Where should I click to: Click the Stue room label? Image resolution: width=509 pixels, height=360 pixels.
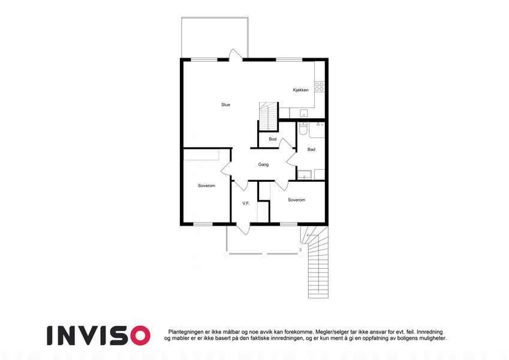[x=225, y=104]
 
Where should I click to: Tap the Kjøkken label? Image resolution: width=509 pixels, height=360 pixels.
[x=300, y=90]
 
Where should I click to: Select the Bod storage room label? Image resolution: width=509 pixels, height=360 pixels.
[x=273, y=139]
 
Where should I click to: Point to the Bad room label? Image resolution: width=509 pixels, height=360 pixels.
[x=311, y=149]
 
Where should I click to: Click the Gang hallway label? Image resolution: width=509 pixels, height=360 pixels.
[x=263, y=165]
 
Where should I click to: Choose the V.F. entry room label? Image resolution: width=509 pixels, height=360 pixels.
[x=246, y=203]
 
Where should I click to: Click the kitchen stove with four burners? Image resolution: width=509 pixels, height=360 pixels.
[x=319, y=86]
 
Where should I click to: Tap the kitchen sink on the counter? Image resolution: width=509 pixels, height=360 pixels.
[x=303, y=113]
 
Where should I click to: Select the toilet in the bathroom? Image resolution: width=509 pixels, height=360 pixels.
[x=303, y=128]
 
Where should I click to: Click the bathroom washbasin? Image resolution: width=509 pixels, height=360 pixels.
[x=305, y=175]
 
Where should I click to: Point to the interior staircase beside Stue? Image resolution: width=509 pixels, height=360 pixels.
[x=269, y=116]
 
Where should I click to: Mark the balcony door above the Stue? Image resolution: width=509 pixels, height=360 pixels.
[x=236, y=55]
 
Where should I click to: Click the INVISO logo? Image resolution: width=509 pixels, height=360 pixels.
[x=98, y=335]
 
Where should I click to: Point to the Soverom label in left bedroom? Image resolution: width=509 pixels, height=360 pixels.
[x=206, y=186]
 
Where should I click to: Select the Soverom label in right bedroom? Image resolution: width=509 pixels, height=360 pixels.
[x=296, y=200]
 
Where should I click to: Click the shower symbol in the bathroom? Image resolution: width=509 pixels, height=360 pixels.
[x=318, y=124]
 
